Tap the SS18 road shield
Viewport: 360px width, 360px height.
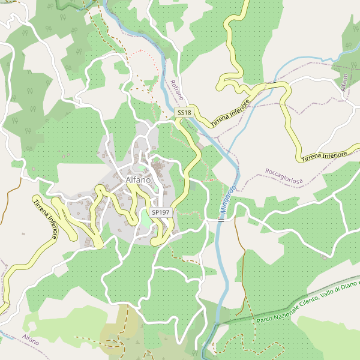pos(184,112)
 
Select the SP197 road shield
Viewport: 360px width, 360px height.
pos(161,212)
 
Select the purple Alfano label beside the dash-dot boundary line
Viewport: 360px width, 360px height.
pos(31,340)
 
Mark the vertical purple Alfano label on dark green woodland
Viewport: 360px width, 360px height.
pos(344,83)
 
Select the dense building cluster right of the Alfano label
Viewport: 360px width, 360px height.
pos(161,176)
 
